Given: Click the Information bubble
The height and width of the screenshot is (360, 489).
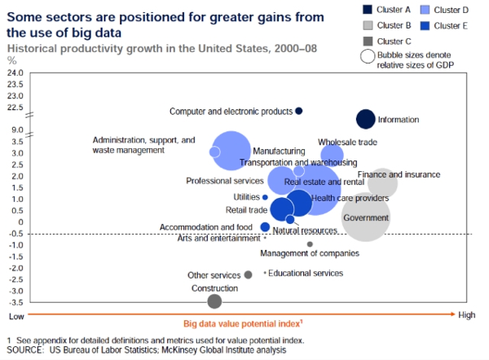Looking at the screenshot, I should point(366,119).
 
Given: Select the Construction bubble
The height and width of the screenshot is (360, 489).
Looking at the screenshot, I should point(214,301).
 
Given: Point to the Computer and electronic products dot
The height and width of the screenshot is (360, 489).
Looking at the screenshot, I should point(299,111).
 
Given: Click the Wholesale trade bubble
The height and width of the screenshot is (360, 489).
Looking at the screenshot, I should point(332,155).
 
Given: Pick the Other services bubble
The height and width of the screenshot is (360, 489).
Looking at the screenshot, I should point(249,275).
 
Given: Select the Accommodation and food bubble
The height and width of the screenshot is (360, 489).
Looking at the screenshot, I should point(265,227).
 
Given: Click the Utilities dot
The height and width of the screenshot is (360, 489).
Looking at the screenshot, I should point(265,197).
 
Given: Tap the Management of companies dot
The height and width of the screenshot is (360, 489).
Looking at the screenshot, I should point(310,244).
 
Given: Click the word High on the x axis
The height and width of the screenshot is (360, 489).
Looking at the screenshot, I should point(466,315).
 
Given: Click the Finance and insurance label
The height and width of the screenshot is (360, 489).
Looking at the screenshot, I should point(399,174).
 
